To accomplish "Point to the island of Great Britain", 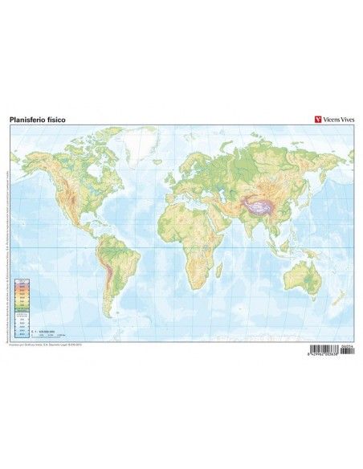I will (169, 177).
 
